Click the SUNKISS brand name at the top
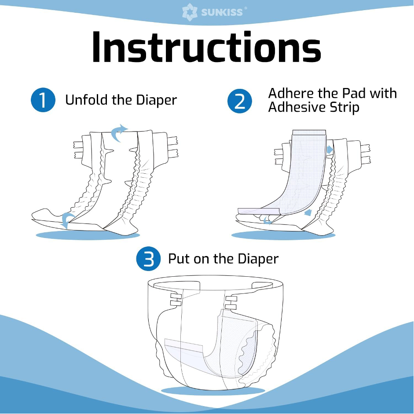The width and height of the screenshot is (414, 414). [x=222, y=12]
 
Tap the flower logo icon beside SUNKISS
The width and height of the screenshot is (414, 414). [x=190, y=12]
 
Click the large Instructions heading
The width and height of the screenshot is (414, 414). [x=206, y=48]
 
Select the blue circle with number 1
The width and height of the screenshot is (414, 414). [x=43, y=100]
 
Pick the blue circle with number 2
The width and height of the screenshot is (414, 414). [x=240, y=101]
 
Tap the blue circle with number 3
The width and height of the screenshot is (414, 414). [x=148, y=259]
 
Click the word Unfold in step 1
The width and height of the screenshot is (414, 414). [x=87, y=100]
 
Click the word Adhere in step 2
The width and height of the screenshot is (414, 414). [x=291, y=93]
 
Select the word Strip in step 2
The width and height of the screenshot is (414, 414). [x=344, y=108]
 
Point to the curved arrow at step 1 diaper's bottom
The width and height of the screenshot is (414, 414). [x=66, y=220]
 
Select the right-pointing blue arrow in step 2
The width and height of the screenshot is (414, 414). [x=330, y=150]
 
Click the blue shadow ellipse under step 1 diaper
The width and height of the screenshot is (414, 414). [x=88, y=235]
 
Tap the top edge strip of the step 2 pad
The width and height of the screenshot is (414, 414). [x=309, y=132]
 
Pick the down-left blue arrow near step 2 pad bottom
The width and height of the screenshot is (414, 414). [x=308, y=212]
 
